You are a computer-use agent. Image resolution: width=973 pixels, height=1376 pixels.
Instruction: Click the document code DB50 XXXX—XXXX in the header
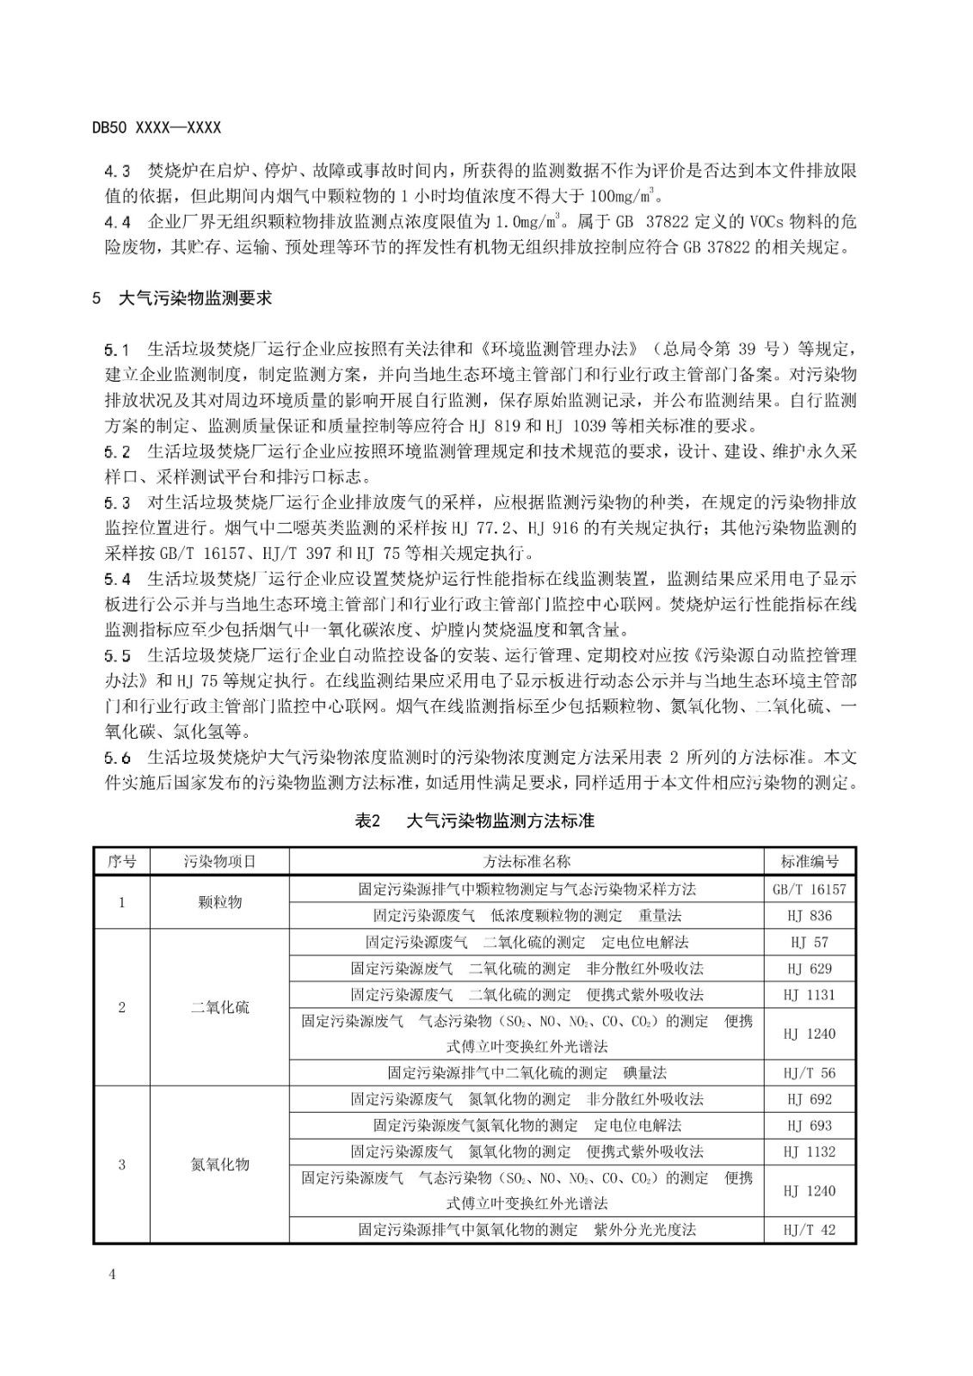click(x=157, y=127)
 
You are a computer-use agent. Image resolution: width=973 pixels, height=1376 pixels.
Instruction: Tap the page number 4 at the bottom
click(x=112, y=1274)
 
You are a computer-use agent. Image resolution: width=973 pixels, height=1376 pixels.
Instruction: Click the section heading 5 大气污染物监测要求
click(x=182, y=298)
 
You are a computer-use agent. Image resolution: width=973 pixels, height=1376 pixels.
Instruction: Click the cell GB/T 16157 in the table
click(x=810, y=889)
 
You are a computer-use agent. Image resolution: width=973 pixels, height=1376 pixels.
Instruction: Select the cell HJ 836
click(x=810, y=916)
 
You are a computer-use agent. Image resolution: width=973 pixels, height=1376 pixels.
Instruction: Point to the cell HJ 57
click(x=810, y=943)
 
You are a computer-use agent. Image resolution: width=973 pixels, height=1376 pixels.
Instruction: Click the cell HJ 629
click(x=810, y=968)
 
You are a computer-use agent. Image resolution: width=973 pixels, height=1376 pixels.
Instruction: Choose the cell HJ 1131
click(x=810, y=995)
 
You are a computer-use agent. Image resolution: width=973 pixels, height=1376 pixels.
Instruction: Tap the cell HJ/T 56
click(x=810, y=1073)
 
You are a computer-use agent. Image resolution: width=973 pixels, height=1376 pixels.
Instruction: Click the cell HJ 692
click(x=810, y=1099)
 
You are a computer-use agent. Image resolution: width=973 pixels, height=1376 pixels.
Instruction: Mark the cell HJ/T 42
click(x=810, y=1230)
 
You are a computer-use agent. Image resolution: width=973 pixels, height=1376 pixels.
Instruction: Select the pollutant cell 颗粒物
click(x=219, y=902)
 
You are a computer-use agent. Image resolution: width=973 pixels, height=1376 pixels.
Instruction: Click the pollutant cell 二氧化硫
click(x=219, y=1007)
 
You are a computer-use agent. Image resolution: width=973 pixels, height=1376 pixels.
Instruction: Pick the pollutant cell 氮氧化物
click(x=219, y=1164)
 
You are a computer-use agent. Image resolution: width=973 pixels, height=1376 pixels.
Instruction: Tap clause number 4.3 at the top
click(x=117, y=170)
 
